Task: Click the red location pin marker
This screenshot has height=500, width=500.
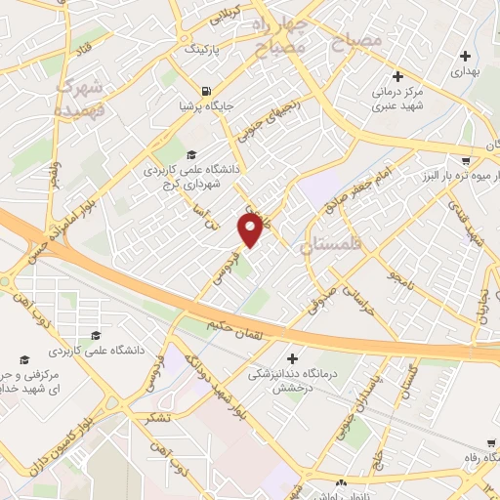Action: pos(251,229)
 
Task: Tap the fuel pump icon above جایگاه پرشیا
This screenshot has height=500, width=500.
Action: pos(186,83)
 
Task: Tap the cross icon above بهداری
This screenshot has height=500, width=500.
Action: pos(465,55)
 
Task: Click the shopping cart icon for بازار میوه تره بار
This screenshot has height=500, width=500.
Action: pos(467,160)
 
